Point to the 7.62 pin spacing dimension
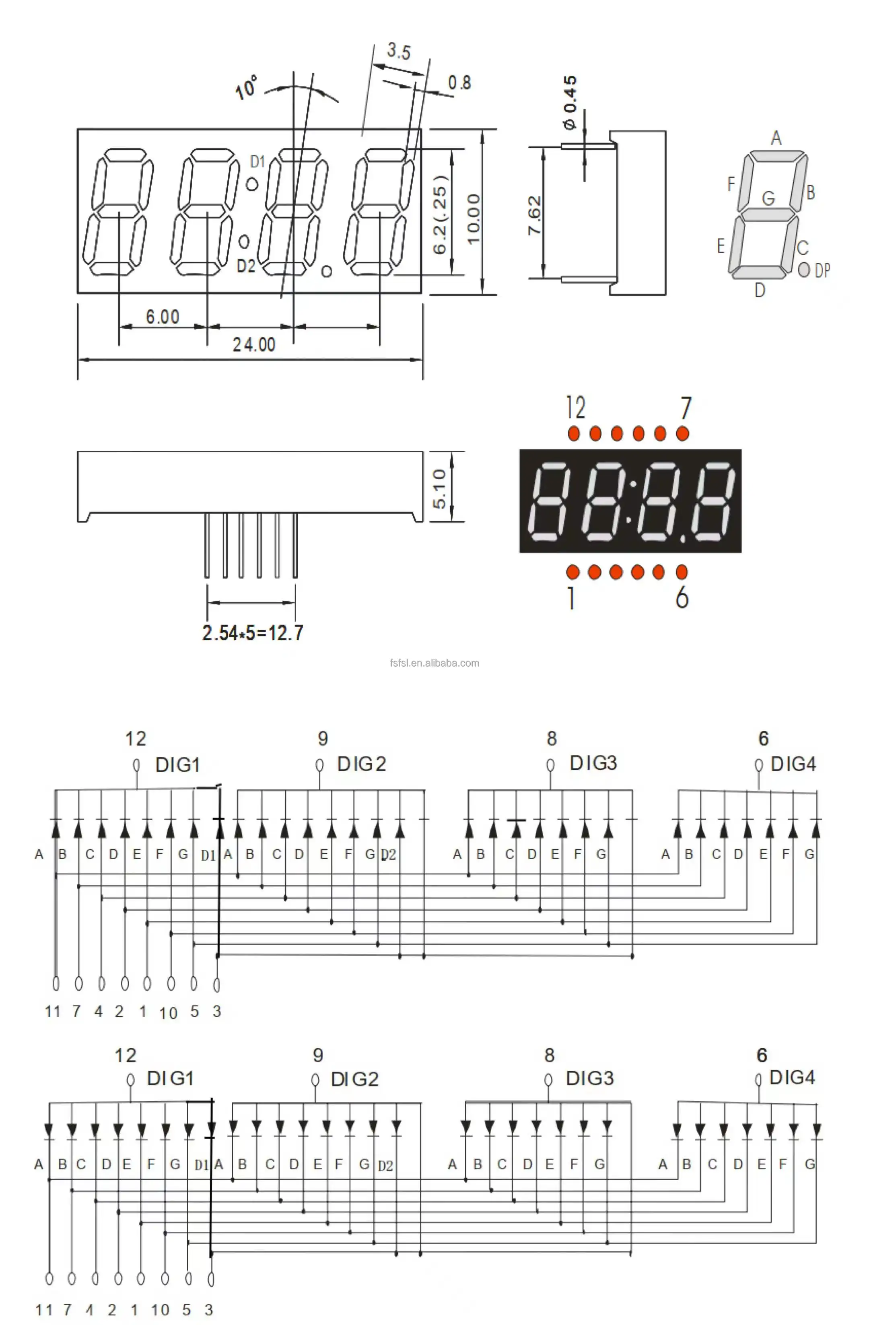(534, 215)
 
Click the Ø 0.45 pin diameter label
(570, 103)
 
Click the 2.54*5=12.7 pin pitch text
(253, 633)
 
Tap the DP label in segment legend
(822, 270)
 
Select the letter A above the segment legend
(776, 138)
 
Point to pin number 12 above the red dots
(576, 408)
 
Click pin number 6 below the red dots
(682, 598)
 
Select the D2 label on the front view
(245, 266)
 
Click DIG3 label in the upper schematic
(593, 763)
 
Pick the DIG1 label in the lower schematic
(170, 1078)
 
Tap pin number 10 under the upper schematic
(168, 1013)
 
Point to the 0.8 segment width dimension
(459, 83)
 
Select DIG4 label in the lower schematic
(792, 1077)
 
